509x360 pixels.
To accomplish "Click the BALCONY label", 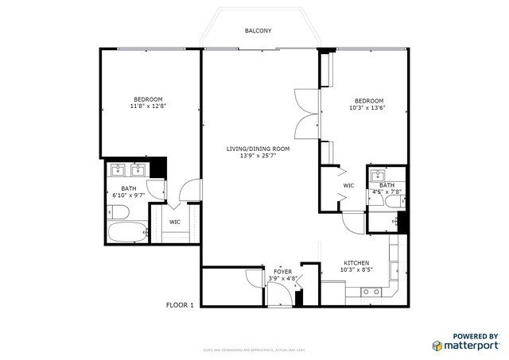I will [258, 31].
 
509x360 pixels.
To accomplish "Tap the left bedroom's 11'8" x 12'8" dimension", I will [148, 106].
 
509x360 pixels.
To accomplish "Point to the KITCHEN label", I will [355, 262].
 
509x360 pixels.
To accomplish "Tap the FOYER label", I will [283, 272].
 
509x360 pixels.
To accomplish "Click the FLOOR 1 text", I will [181, 304].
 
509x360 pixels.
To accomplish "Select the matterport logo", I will [465, 345].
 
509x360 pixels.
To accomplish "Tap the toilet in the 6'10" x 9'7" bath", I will [115, 211].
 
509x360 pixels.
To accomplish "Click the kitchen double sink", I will [371, 292].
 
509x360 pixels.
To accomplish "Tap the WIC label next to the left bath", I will [174, 222].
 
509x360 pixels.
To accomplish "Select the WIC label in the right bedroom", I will [348, 186].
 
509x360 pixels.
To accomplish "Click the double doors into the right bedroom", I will [305, 112].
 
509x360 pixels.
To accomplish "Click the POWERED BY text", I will [476, 336].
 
